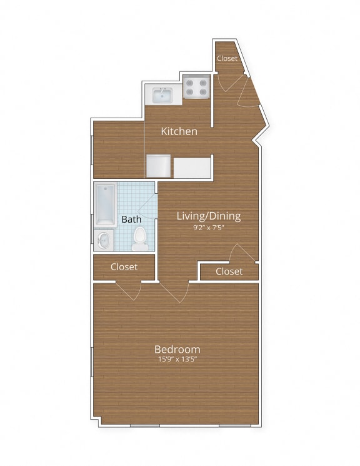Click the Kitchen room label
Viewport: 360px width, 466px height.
(x=179, y=131)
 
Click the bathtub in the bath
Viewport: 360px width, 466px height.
(x=106, y=205)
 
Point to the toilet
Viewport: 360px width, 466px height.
(x=140, y=238)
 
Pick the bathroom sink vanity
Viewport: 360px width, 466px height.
(x=104, y=240)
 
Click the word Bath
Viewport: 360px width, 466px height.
(x=131, y=220)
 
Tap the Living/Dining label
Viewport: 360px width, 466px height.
(x=208, y=216)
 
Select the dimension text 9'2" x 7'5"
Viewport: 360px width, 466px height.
(x=208, y=228)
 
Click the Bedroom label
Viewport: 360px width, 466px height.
(x=177, y=349)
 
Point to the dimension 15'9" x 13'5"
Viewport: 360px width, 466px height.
(x=177, y=360)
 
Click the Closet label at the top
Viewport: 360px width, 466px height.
(x=227, y=58)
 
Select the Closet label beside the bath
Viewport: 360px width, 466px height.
(x=124, y=267)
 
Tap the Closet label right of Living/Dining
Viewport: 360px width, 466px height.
(x=229, y=271)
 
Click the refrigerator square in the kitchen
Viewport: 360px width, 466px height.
(x=158, y=166)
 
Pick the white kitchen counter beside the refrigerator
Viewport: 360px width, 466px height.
(x=192, y=168)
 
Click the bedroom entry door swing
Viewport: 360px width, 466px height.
(x=175, y=292)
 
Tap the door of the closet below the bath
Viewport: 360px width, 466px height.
(x=129, y=290)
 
